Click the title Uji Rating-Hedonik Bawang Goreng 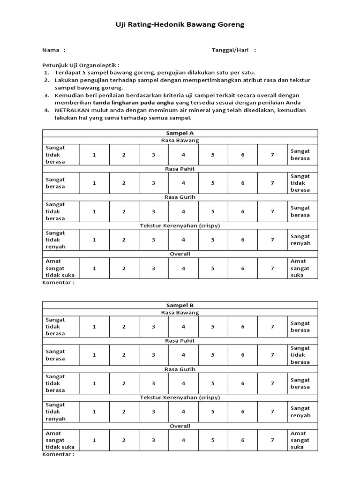[x=180, y=24]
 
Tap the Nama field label [x=51, y=50]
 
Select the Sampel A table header [x=180, y=133]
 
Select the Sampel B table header [x=180, y=305]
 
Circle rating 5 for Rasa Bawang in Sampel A [x=213, y=155]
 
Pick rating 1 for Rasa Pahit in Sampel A [x=94, y=183]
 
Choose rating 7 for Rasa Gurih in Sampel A [x=272, y=211]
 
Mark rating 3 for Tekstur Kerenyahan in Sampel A [x=153, y=240]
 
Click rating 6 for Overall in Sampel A [x=243, y=269]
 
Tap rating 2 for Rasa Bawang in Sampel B [x=124, y=327]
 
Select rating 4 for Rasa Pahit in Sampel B [x=183, y=355]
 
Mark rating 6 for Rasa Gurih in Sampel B [x=243, y=383]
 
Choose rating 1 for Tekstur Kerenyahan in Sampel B [x=94, y=412]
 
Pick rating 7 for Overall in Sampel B [x=272, y=440]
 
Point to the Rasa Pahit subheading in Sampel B [x=180, y=341]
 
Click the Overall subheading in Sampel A [x=180, y=254]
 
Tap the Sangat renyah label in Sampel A [x=300, y=240]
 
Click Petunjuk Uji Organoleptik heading [x=81, y=65]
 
